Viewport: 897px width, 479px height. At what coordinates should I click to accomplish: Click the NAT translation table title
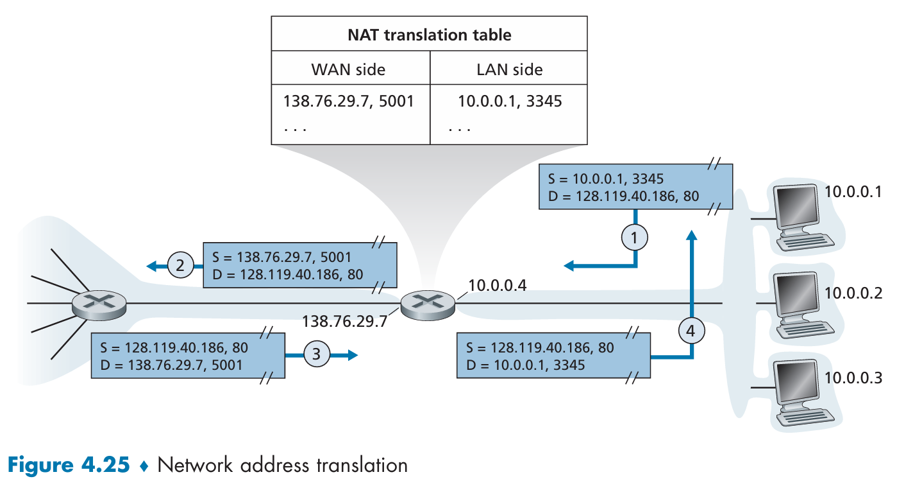point(430,35)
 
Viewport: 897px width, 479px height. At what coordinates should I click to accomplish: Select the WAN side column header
point(348,70)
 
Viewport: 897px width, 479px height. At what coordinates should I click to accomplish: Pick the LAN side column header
point(509,70)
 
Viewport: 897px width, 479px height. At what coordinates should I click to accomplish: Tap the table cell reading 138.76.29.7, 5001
point(348,101)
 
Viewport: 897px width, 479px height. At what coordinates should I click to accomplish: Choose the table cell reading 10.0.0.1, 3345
point(510,101)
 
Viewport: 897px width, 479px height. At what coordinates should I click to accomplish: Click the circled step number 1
point(634,238)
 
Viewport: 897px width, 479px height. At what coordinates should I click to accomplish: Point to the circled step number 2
point(180,265)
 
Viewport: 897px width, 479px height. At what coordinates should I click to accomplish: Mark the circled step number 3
point(316,354)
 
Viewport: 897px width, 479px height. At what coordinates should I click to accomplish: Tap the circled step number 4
point(692,331)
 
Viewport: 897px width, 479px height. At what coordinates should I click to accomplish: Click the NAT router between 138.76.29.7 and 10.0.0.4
point(428,305)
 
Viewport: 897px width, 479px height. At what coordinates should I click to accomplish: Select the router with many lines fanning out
point(99,305)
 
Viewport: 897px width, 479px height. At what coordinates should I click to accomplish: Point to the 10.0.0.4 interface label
point(498,286)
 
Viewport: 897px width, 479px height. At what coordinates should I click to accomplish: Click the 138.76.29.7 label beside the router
point(345,321)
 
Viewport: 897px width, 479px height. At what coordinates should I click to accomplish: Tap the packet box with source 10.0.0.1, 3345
point(636,187)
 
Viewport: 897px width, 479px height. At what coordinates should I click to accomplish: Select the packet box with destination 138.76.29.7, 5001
point(189,356)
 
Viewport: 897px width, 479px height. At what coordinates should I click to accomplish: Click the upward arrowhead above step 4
point(692,235)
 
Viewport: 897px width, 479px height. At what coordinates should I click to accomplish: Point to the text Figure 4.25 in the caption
point(69,465)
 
